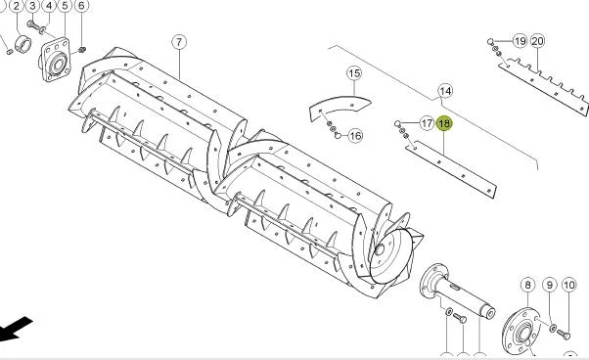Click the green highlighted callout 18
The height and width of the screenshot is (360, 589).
point(444,123)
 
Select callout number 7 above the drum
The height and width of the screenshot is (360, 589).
point(179,42)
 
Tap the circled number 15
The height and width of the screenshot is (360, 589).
point(354,72)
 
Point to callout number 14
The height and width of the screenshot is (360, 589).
point(445,91)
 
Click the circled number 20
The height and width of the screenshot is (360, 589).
point(537,41)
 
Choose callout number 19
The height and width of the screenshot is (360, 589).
point(520,41)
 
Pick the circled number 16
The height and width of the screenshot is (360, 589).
point(355,136)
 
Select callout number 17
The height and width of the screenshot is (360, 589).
point(427,123)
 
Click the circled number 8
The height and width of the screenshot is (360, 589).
point(527,285)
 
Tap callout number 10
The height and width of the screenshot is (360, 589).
point(569,285)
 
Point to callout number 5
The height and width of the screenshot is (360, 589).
point(65,6)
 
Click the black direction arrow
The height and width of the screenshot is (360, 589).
point(15,330)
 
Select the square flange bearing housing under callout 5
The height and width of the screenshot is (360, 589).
point(55,60)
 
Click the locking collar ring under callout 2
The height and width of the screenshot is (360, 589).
point(23,43)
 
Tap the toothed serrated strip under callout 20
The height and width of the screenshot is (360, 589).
point(544,86)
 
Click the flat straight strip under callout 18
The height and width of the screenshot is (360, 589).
point(451,169)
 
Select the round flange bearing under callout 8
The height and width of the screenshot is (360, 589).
point(521,331)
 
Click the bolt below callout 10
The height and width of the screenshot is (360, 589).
point(564,334)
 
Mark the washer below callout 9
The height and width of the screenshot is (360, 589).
point(553,329)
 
